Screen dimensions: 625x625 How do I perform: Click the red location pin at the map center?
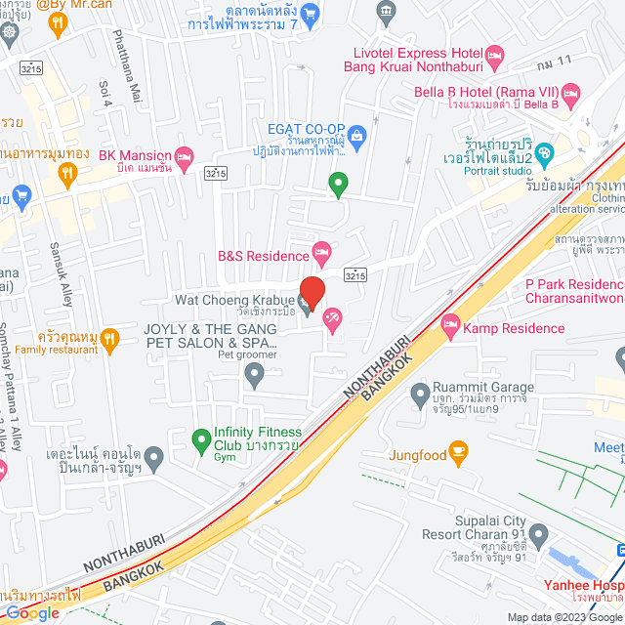click(x=312, y=292)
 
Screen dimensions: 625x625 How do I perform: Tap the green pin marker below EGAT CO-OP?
click(x=338, y=183)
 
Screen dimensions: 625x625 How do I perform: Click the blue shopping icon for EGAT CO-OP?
click(x=356, y=134)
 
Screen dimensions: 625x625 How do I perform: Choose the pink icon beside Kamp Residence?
click(x=450, y=324)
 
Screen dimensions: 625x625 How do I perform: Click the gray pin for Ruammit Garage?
click(x=421, y=396)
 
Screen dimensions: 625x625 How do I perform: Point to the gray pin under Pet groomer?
click(x=255, y=376)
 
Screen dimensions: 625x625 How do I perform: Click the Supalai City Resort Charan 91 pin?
click(x=539, y=535)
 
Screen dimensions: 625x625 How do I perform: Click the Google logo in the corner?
click(x=31, y=613)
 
